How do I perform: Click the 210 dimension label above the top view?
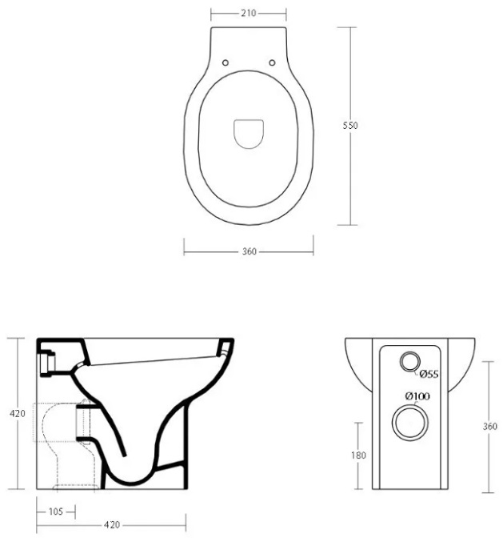point(249,13)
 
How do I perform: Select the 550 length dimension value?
point(350,126)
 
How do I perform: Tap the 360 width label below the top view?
point(250,251)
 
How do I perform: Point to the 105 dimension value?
point(56,512)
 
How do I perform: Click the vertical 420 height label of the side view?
point(17,414)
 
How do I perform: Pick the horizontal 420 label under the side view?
point(112,525)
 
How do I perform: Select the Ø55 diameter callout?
point(429,374)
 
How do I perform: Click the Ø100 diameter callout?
point(417,396)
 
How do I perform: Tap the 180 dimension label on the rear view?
point(358,456)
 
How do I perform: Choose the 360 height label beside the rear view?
point(489,427)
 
